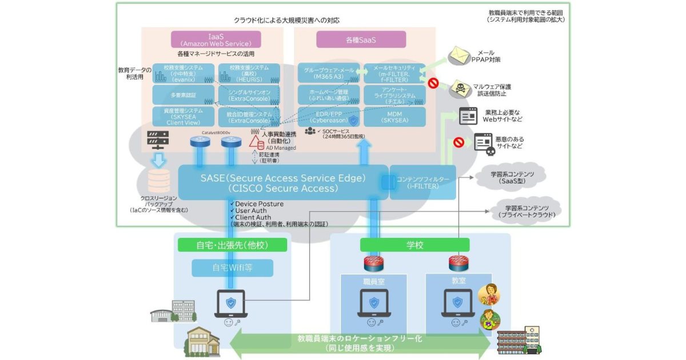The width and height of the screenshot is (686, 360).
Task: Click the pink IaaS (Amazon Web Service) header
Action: (216, 39)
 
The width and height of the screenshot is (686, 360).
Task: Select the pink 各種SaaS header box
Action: (361, 39)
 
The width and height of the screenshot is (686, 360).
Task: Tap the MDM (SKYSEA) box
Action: (394, 117)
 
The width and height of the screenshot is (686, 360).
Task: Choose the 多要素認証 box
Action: (183, 94)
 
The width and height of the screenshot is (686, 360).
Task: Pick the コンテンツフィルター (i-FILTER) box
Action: (422, 182)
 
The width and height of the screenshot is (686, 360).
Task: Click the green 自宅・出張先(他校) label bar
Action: (232, 245)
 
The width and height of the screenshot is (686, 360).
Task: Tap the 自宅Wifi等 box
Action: (232, 268)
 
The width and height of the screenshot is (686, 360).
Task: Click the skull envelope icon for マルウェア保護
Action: (458, 89)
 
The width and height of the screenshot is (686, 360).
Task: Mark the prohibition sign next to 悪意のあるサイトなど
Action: (458, 141)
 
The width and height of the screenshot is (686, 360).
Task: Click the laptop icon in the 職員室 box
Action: (374, 303)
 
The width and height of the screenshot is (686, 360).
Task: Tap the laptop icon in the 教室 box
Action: (457, 303)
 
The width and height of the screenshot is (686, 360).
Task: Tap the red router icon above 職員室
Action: (374, 263)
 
